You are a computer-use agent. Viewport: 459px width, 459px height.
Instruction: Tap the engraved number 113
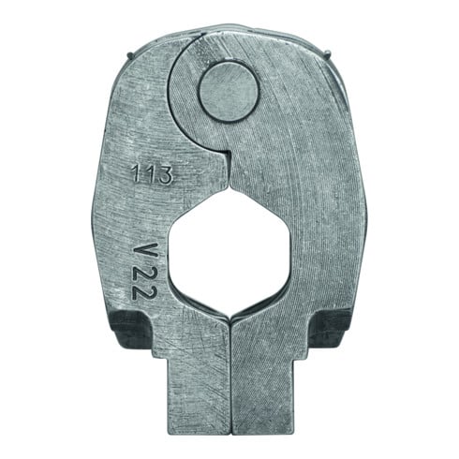click(x=152, y=174)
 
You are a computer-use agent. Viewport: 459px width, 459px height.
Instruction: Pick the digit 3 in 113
click(x=165, y=175)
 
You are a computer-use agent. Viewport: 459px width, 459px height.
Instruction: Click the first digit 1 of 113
click(x=135, y=174)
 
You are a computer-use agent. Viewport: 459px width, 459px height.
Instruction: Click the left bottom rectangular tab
click(x=199, y=398)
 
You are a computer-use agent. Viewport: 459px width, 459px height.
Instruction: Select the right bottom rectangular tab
click(x=263, y=398)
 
